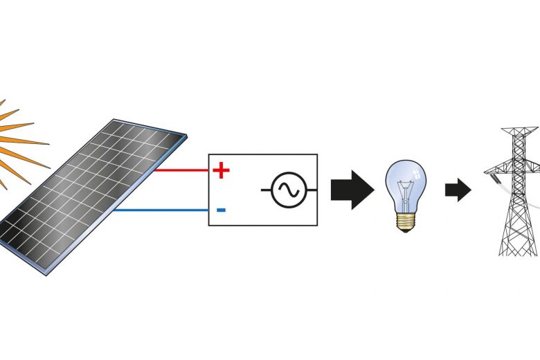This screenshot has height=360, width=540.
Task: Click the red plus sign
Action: point(221,170)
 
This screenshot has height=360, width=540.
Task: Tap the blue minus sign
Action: point(221,210)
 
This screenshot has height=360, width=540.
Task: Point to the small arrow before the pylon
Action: point(458,190)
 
